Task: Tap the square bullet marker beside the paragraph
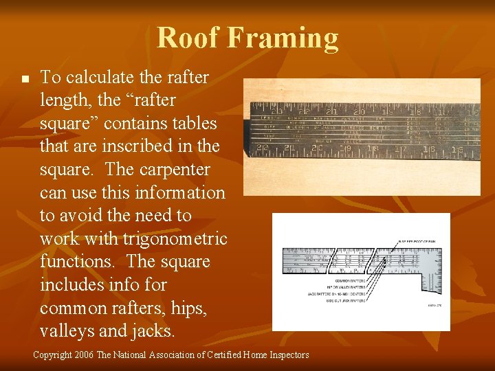click(x=23, y=80)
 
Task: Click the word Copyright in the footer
click(x=52, y=355)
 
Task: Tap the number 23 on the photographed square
click(x=277, y=112)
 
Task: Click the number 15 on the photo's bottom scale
click(x=475, y=150)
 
